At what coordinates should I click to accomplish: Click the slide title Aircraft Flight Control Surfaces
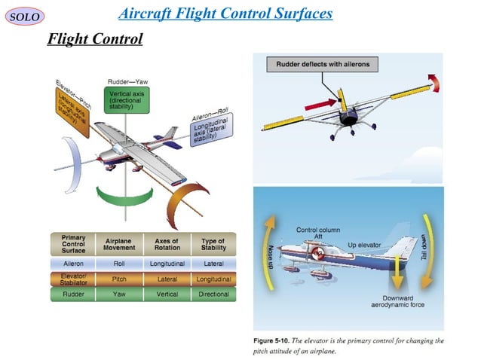225,15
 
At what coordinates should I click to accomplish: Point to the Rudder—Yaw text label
127,81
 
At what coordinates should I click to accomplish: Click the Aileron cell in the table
73,264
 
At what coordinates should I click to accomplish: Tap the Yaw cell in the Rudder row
119,294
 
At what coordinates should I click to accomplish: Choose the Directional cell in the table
213,294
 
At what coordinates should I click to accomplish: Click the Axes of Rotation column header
167,246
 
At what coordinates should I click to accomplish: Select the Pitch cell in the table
119,279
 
